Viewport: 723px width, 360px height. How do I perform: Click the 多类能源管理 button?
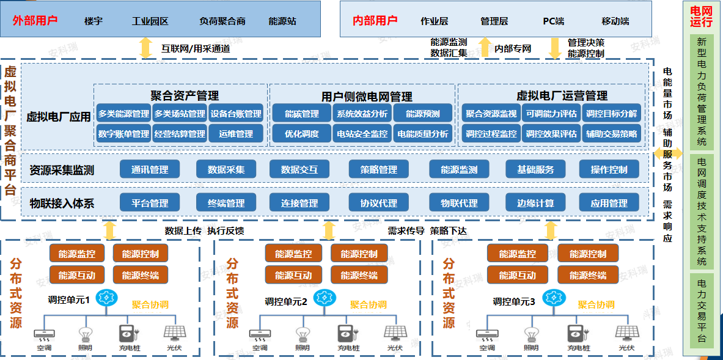123,114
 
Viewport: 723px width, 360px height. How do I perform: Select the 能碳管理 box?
302,114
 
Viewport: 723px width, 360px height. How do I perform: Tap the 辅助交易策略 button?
611,134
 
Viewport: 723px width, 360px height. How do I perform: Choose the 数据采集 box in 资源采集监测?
226,169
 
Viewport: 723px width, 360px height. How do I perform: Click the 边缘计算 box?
535,203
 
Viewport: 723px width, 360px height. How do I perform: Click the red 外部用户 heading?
35,20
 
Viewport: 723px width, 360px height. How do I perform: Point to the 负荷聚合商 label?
222,21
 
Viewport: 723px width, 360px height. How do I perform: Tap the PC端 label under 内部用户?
554,21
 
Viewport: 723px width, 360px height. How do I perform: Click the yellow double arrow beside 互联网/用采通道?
146,48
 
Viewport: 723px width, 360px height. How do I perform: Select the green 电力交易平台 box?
701,310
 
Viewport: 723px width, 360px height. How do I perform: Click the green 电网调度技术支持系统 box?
701,211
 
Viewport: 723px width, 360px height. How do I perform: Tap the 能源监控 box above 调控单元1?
77,254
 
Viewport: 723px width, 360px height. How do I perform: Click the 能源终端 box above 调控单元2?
359,275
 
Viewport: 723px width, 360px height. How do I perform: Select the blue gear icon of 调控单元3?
554,298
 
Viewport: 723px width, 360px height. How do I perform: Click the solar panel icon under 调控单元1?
174,334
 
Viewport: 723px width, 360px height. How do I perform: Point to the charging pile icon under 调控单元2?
347,334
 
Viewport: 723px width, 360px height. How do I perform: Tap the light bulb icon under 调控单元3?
530,334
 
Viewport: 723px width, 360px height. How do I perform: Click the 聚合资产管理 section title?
185,95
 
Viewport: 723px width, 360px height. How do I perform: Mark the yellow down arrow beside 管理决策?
555,48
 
